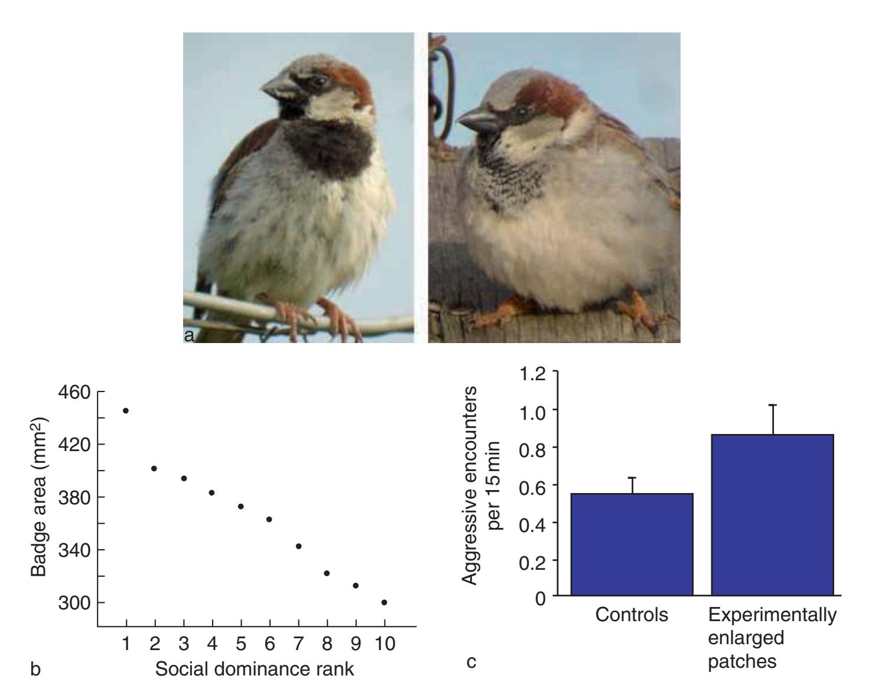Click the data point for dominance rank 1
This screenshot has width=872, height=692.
pyautogui.click(x=126, y=410)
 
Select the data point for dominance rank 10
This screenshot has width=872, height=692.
pyautogui.click(x=385, y=602)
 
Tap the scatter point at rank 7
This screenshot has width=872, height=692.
pyautogui.click(x=298, y=546)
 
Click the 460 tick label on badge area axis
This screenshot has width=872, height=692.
pyautogui.click(x=73, y=392)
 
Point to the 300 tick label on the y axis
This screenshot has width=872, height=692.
pyautogui.click(x=73, y=603)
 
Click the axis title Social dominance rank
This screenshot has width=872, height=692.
pyautogui.click(x=255, y=670)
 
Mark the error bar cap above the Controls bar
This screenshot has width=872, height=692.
pyautogui.click(x=632, y=477)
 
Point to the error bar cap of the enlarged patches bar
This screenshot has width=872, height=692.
pyautogui.click(x=772, y=404)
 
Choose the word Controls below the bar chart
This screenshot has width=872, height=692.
pyautogui.click(x=632, y=615)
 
